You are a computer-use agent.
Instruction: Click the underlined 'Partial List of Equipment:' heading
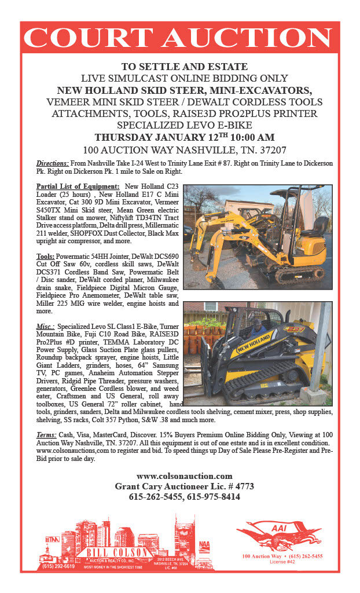tap(78, 186)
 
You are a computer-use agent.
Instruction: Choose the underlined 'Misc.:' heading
tap(45, 327)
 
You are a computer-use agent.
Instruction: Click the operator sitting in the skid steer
tap(257, 332)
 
